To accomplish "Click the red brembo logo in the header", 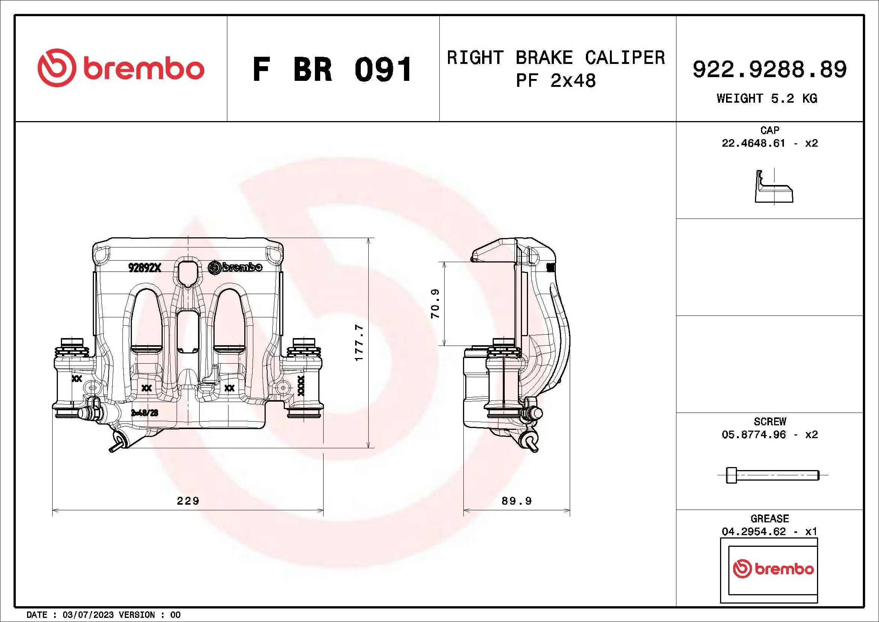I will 121,68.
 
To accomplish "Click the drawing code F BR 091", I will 332,70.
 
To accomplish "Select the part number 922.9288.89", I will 770,70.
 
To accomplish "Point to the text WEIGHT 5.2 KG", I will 767,99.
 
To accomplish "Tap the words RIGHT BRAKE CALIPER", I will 556,58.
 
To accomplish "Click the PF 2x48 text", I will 556,81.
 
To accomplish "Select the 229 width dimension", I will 188,501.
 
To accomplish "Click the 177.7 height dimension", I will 359,343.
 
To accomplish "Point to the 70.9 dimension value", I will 435,304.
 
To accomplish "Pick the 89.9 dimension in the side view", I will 516,501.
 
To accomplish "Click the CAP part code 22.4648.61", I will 753,143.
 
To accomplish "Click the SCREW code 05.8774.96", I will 753,434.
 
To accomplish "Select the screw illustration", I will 772,475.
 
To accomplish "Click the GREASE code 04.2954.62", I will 753,531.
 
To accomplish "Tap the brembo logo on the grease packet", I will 773,569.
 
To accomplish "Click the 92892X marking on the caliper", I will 145,268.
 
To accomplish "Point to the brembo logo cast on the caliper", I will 235,267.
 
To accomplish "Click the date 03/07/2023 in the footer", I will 88,615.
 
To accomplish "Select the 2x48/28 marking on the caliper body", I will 144,413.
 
